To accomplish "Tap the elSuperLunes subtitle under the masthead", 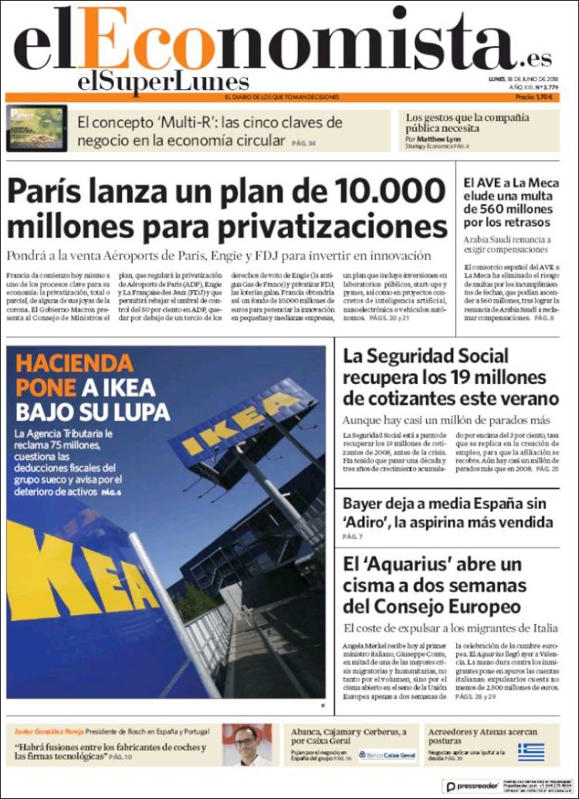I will [163, 82].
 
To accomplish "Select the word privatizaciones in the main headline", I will [333, 228].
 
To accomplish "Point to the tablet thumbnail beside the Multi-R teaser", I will [36, 127].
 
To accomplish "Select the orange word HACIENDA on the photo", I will [74, 363].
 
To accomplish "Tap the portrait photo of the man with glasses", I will [247, 744].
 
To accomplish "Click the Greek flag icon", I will [530, 751].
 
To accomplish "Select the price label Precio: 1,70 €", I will [537, 97].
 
